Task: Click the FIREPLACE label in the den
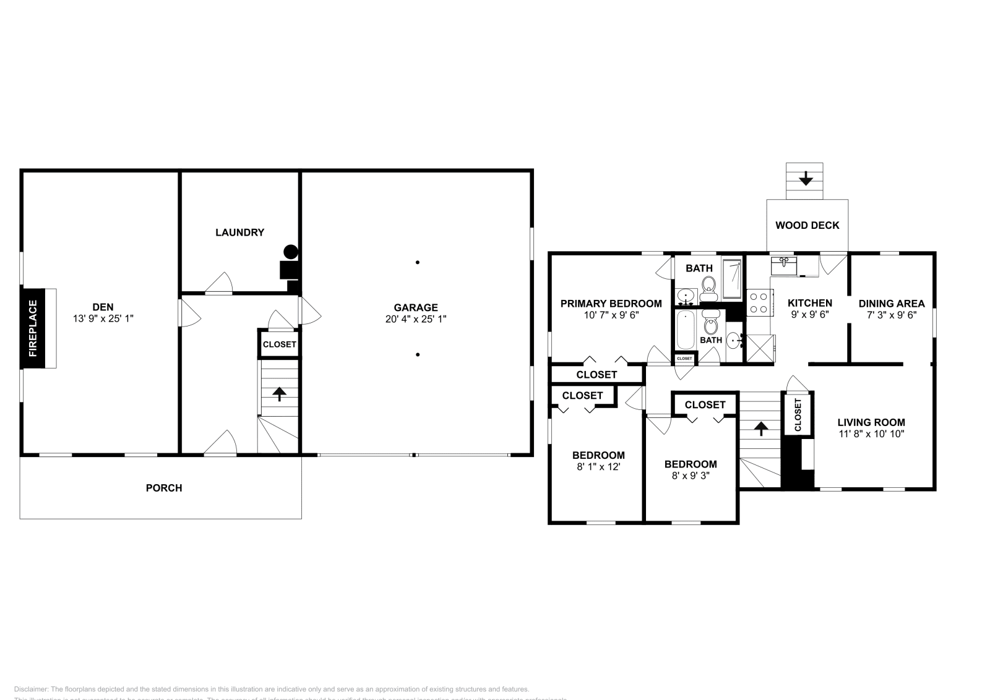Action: coord(33,328)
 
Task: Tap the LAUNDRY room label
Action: coord(239,233)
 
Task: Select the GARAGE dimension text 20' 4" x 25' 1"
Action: coord(415,319)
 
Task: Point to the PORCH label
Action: coord(164,488)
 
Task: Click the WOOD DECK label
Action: coord(807,225)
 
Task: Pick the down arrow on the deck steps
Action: coord(805,179)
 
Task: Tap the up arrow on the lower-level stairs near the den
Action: coord(280,394)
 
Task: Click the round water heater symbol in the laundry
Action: coord(290,252)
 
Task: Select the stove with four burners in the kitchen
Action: coord(758,303)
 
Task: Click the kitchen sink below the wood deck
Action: coord(784,266)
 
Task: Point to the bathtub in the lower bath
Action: coord(686,330)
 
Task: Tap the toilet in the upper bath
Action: coord(708,286)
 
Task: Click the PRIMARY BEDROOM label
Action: coord(611,304)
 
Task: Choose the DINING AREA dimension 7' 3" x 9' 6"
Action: coord(891,314)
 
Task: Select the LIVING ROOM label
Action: coord(871,422)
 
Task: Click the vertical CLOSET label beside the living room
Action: coord(798,414)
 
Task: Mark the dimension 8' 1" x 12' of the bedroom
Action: coord(598,467)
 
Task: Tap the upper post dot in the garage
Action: coord(418,262)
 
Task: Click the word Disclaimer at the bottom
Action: coord(30,689)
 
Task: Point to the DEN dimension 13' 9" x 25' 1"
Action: coord(103,318)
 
